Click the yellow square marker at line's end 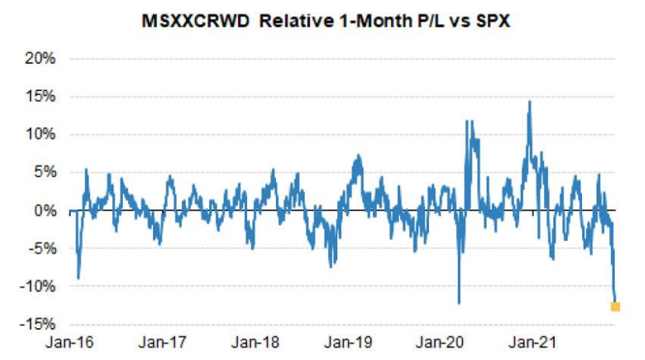click(x=615, y=306)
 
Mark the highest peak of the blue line click(x=529, y=101)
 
